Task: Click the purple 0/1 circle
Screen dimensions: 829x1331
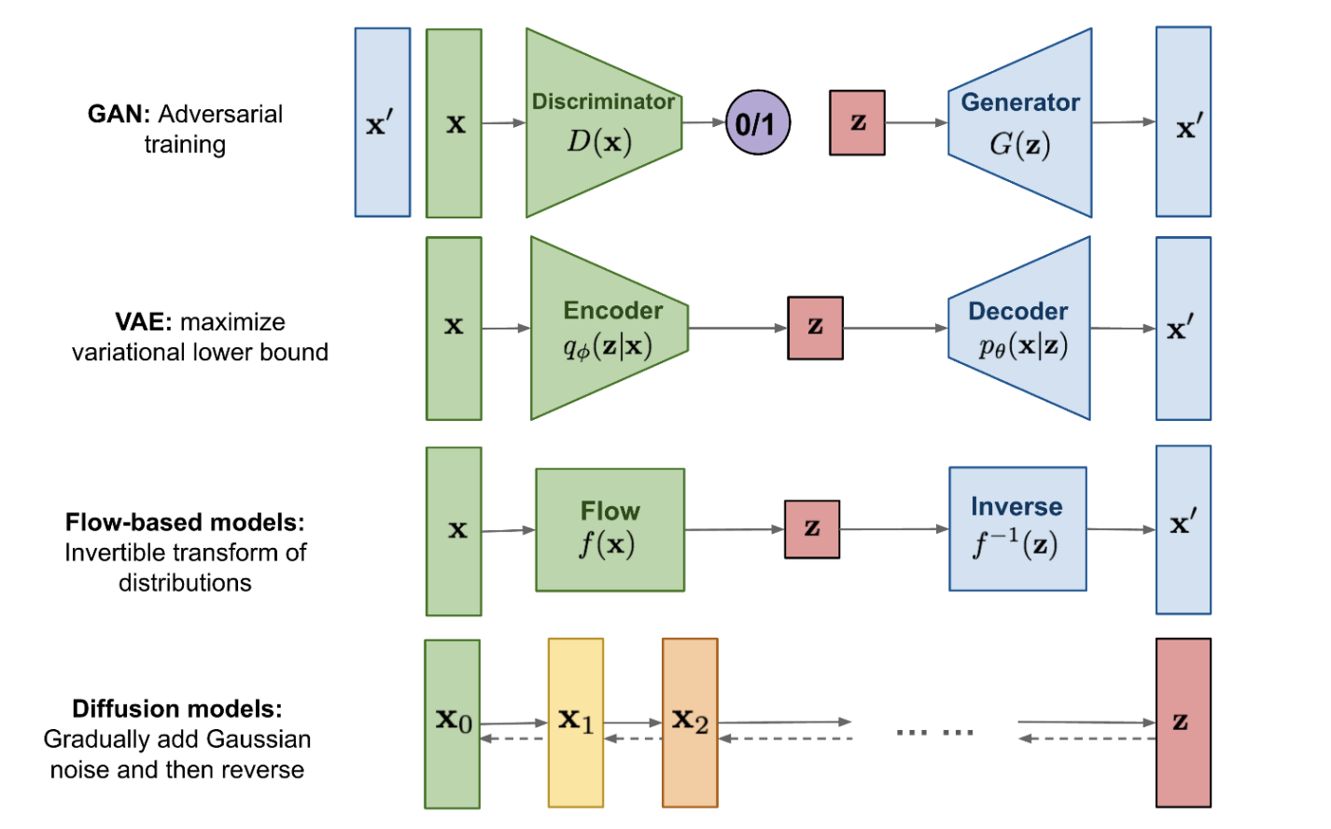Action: (757, 123)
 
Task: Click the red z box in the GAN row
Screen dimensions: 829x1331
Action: (857, 122)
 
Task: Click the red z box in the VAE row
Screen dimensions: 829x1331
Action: (815, 328)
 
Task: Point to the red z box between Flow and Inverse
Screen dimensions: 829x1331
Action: (812, 529)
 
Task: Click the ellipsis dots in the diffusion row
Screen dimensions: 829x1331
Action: (934, 732)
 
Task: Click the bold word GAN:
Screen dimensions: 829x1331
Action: (119, 114)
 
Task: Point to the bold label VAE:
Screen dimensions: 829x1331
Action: (144, 322)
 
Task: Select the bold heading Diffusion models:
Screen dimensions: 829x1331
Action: (177, 709)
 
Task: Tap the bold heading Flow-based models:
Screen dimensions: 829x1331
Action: (185, 522)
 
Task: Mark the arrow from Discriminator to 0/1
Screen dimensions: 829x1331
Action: (704, 122)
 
